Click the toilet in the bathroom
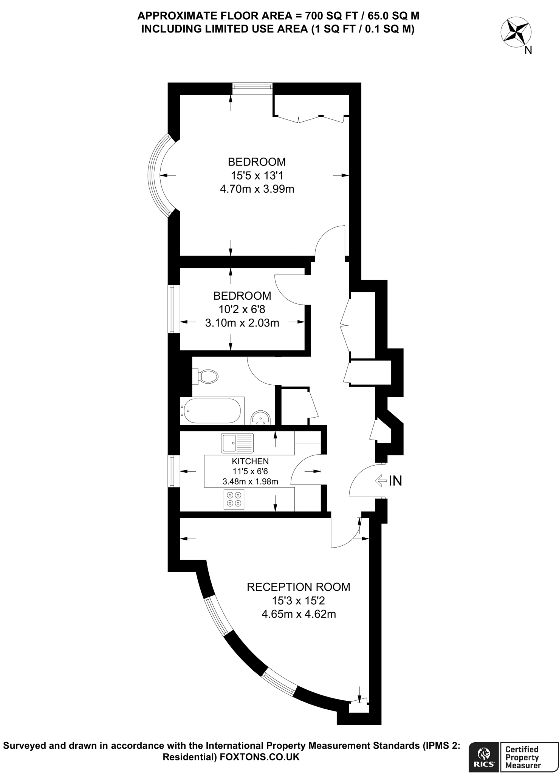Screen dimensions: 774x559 click(x=207, y=376)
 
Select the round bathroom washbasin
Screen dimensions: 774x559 click(x=260, y=418)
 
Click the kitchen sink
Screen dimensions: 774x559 click(x=237, y=443)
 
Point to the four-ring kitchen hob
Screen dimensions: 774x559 click(x=234, y=499)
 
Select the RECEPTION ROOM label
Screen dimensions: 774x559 click(x=298, y=587)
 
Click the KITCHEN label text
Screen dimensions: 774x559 click(x=250, y=461)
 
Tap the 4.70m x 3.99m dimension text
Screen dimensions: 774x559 click(x=257, y=189)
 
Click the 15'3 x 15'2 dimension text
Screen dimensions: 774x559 click(x=298, y=601)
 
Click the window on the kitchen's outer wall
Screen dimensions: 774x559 click(x=172, y=471)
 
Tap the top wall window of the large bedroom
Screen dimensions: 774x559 click(x=252, y=87)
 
